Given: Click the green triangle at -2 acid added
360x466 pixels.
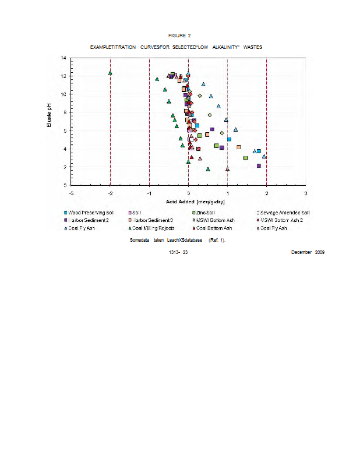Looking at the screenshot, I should pos(110,73).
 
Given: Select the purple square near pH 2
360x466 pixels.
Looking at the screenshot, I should pos(259,166).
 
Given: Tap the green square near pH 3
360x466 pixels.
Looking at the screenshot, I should pos(245,158).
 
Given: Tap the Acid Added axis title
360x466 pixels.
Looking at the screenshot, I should pos(188,201).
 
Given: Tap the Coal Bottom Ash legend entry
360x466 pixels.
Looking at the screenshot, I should pos(214,228).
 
